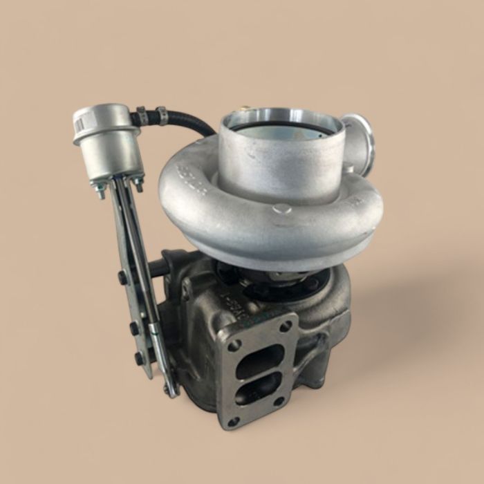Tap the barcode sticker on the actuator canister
[x=82, y=124]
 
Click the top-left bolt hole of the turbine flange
[x=234, y=344]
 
